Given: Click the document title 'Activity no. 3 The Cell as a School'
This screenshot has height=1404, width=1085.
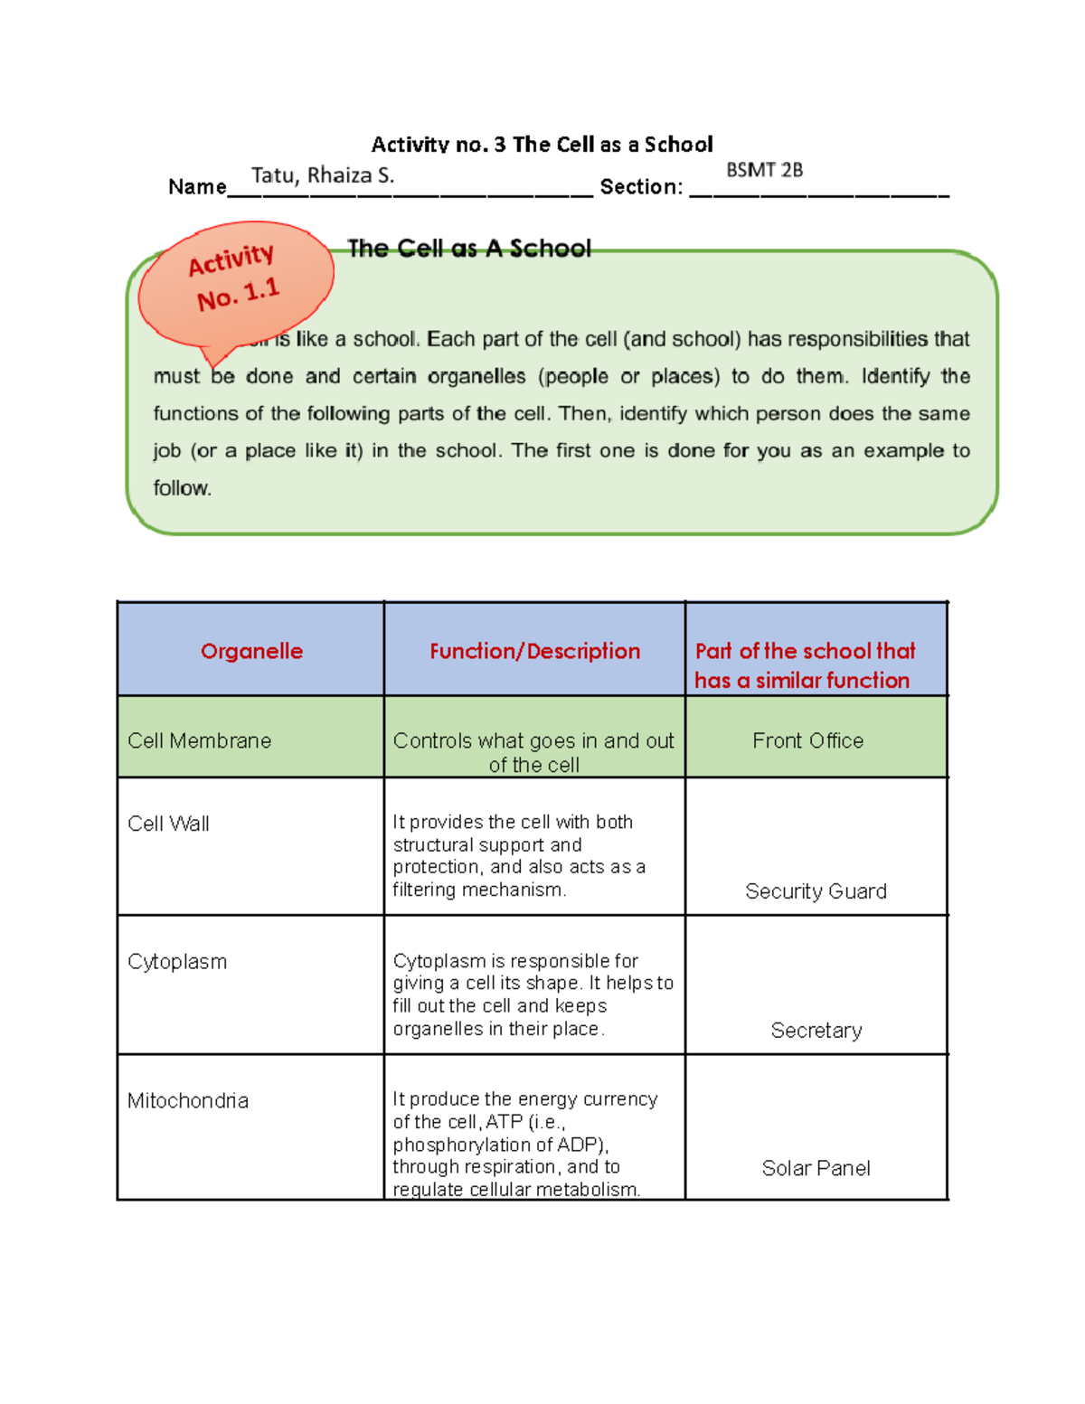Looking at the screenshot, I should click(542, 145).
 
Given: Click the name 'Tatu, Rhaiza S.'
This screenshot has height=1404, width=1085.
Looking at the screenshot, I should click(323, 175).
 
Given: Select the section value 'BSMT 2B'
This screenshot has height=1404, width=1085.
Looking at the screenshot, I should click(764, 170).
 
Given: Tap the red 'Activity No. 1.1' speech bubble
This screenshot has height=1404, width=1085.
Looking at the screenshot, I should click(236, 280).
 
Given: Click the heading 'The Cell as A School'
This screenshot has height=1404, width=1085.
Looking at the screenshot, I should click(469, 249).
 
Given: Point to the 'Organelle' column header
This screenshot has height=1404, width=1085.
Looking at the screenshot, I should click(251, 651).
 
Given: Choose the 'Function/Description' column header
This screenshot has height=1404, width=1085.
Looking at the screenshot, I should click(534, 651).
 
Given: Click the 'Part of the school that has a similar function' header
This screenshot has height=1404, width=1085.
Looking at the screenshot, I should click(805, 665).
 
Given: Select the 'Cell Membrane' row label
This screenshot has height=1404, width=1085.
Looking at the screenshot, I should click(199, 740).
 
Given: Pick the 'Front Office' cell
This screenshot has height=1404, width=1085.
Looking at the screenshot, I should click(807, 740).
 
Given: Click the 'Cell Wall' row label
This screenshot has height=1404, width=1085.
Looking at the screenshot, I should click(168, 824).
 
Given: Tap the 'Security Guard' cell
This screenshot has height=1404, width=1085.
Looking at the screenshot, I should click(816, 891).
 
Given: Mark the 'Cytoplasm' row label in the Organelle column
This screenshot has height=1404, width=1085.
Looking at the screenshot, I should click(177, 962).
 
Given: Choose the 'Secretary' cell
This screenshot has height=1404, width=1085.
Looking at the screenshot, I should click(816, 1031).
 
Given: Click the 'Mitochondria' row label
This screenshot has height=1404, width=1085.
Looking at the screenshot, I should click(187, 1100).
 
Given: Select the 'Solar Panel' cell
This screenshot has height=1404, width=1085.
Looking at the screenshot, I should click(816, 1168).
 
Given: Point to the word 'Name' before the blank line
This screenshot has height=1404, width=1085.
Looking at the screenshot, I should click(197, 187).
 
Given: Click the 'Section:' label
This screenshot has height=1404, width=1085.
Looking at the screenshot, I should click(641, 187).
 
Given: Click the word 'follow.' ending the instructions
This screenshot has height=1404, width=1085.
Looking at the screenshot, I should click(183, 488).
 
